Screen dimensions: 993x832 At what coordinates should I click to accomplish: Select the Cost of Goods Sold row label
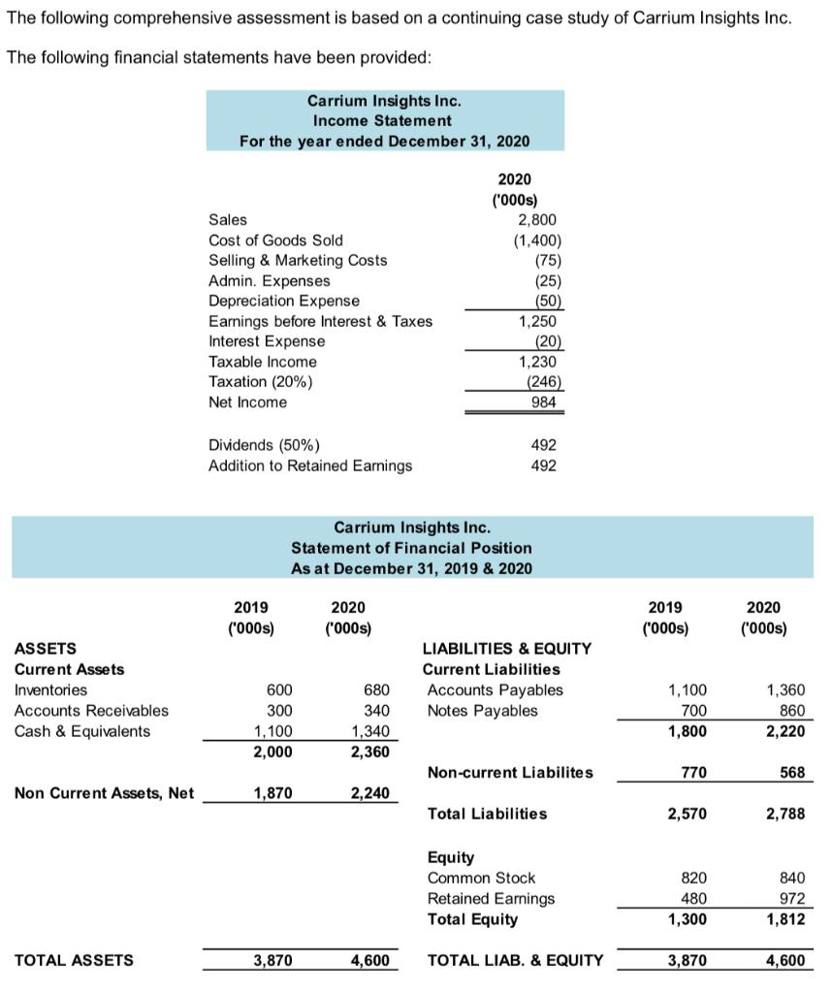coord(275,240)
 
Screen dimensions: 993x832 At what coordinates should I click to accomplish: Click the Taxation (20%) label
coord(261,382)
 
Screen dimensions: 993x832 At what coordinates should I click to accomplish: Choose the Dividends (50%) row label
coord(264,445)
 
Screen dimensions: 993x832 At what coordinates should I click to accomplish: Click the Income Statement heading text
coord(382,120)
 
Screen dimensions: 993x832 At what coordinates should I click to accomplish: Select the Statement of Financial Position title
coord(411,548)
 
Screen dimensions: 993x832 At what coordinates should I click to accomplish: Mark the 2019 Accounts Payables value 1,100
coord(688,690)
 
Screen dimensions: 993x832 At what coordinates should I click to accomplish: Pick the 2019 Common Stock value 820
coord(693,878)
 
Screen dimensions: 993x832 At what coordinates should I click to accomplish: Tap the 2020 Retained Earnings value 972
coord(790,898)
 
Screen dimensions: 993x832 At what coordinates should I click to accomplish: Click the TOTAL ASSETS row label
coord(75,960)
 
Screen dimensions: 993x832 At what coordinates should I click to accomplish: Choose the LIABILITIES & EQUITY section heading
coord(506,648)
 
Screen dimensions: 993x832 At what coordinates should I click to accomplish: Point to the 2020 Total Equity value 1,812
coord(784,918)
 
